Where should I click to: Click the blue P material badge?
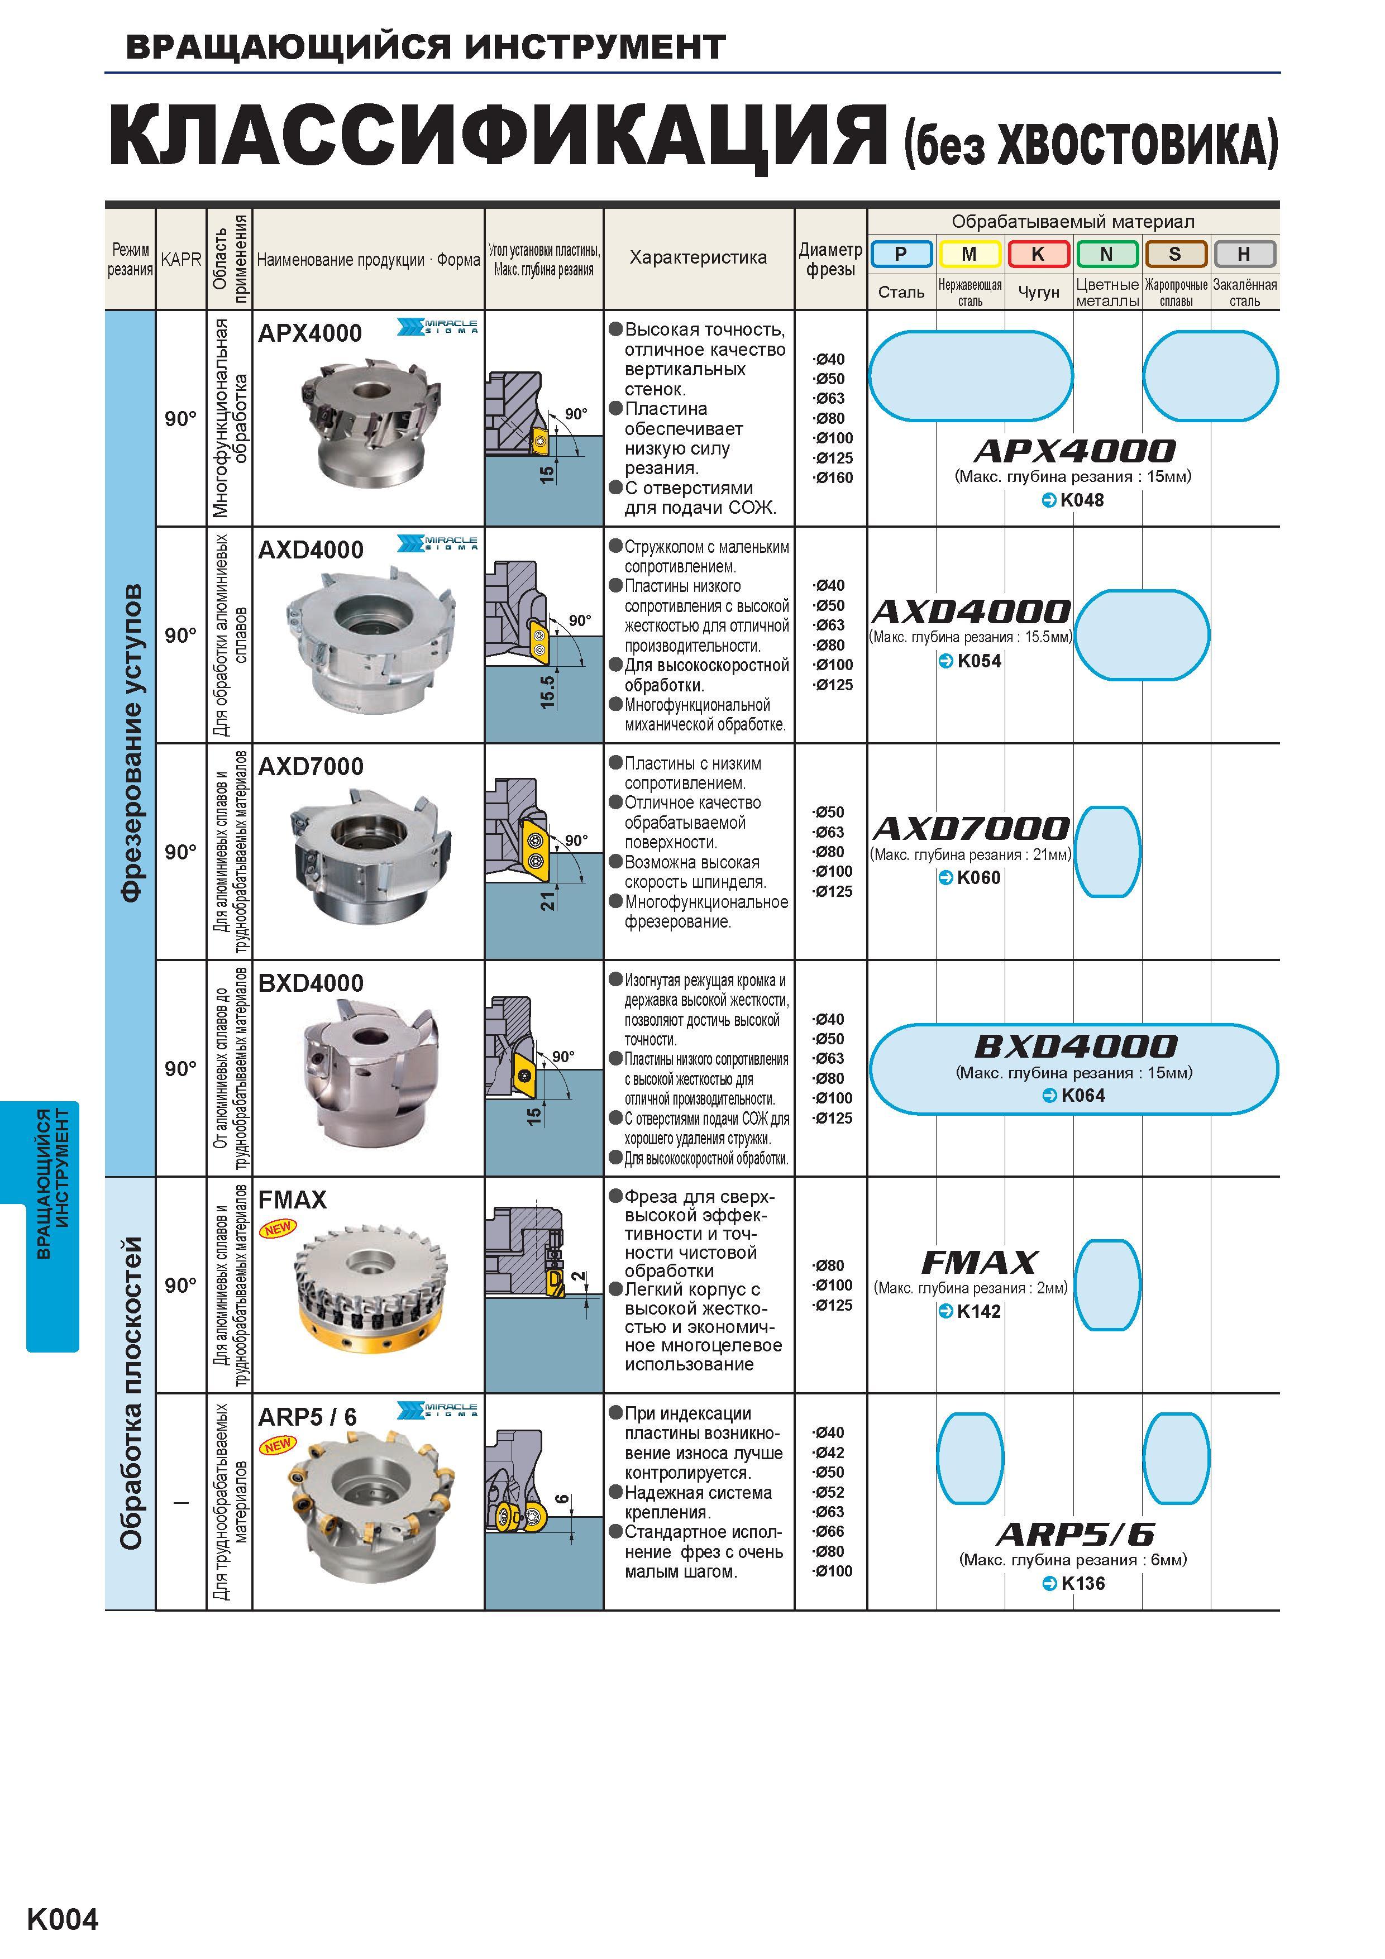tap(901, 254)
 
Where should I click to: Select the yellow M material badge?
tap(969, 254)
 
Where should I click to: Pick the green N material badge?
tap(1107, 254)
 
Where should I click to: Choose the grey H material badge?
tap(1244, 254)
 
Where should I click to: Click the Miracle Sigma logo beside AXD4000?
tap(438, 543)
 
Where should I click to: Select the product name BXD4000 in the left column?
tap(311, 983)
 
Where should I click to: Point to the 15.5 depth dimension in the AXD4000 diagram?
tap(547, 692)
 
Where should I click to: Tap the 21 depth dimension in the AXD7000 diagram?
tap(547, 899)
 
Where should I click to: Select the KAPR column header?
tap(181, 259)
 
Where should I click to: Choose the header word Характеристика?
tap(698, 257)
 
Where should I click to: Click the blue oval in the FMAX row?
tap(1107, 1285)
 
